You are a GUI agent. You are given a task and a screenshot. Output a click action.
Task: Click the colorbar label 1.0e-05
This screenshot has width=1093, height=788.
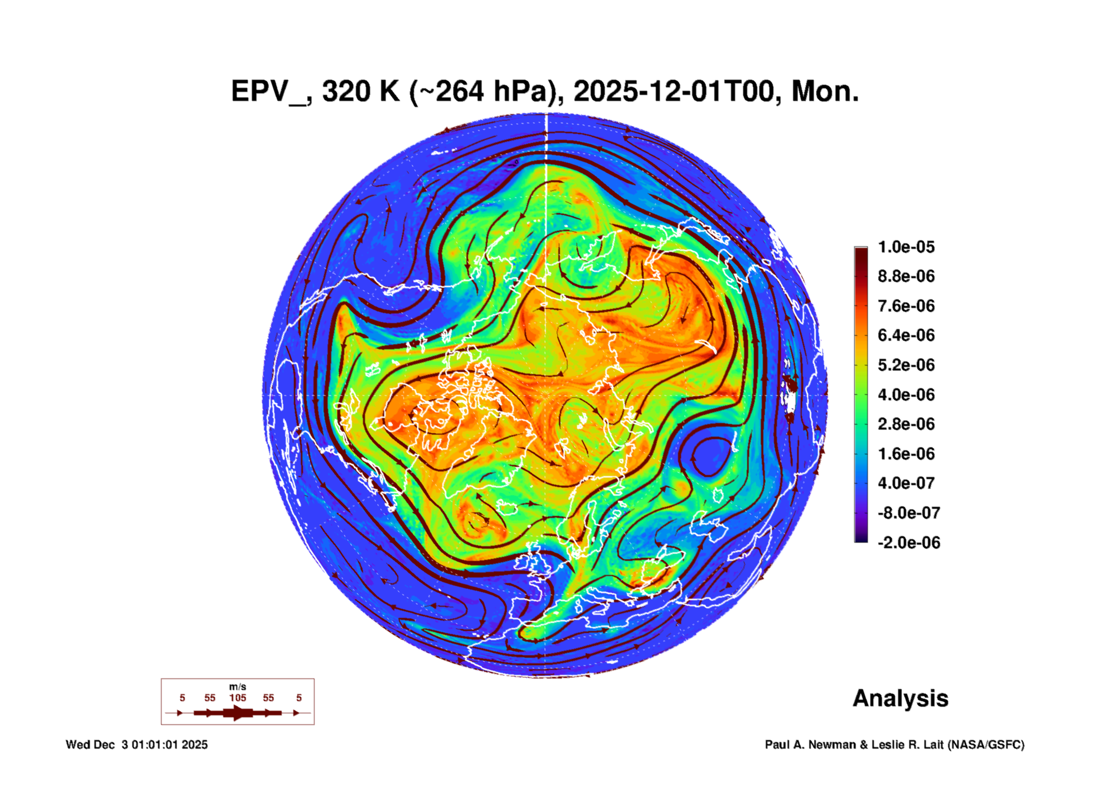[906, 247]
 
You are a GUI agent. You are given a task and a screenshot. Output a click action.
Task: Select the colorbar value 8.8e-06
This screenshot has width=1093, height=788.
[906, 276]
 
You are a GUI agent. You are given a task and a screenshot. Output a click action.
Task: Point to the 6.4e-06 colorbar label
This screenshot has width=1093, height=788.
[906, 335]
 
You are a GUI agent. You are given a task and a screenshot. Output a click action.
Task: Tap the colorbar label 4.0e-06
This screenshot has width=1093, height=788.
[906, 394]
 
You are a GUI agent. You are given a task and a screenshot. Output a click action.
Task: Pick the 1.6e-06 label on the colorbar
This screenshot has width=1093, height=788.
[906, 454]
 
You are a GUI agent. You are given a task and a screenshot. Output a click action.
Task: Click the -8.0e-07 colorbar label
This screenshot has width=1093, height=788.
[908, 513]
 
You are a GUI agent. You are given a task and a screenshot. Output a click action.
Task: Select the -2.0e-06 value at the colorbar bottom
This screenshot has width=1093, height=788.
[908, 543]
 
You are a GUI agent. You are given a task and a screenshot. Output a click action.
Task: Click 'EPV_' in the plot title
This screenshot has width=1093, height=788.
[268, 92]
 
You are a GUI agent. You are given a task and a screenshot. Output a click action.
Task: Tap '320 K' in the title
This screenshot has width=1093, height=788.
[360, 92]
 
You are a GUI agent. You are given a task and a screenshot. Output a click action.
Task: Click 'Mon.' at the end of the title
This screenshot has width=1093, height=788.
[824, 92]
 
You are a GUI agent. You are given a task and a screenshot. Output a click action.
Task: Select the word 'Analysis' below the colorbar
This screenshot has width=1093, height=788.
[900, 698]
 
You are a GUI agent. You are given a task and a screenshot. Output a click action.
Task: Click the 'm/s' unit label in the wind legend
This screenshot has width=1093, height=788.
[238, 687]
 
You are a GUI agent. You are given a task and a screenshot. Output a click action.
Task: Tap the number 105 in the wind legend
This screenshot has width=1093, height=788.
[238, 698]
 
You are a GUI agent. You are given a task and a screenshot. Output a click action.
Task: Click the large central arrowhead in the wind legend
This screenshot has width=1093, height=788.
[238, 713]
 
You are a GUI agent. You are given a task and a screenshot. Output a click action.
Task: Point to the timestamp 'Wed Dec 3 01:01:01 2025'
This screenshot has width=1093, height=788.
[137, 745]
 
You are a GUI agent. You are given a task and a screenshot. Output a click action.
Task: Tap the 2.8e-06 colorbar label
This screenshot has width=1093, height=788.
[906, 424]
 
